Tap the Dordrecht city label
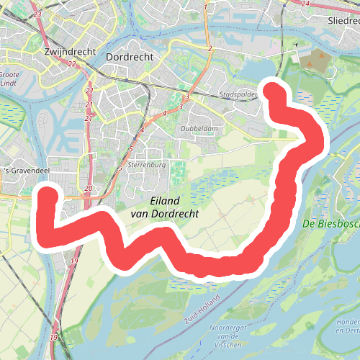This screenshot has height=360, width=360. click(x=130, y=56)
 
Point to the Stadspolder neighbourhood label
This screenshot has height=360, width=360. click(x=238, y=94)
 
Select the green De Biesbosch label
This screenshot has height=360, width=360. click(x=330, y=223)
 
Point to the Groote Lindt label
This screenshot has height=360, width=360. click(x=9, y=77)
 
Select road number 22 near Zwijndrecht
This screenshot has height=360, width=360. click(x=71, y=64)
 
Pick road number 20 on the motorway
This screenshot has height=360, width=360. click(x=88, y=189)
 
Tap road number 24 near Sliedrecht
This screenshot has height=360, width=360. click(x=305, y=4)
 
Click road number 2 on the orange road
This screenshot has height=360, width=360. click(x=210, y=48)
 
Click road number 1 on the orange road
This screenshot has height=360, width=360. click(x=205, y=7)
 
